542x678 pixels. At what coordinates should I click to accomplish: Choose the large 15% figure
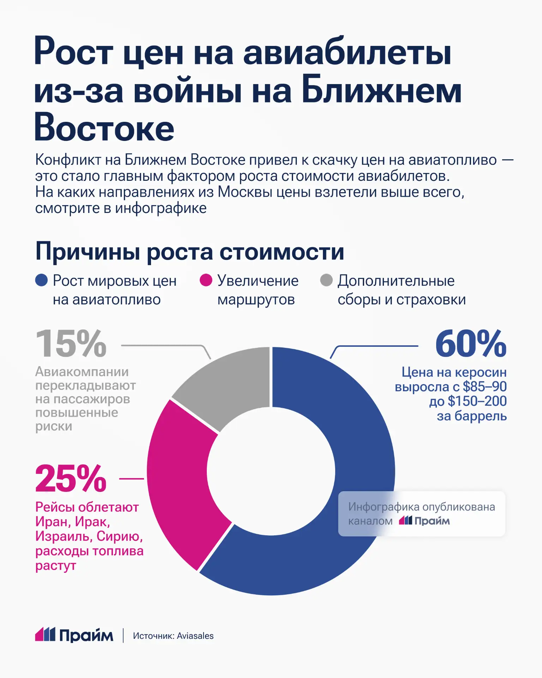point(71,344)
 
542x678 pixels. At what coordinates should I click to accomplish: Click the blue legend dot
point(41,280)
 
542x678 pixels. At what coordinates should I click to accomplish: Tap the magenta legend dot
point(206,280)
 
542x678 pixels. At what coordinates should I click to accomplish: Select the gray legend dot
point(326,280)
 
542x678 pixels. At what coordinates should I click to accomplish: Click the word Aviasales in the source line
point(195,636)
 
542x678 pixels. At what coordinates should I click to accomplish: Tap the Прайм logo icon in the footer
point(45,635)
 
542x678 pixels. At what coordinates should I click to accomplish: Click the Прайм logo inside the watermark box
point(424,521)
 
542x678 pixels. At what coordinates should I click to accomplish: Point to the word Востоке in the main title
point(104,128)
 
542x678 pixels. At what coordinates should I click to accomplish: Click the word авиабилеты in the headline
point(347,53)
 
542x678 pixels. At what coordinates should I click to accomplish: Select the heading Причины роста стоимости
point(190,252)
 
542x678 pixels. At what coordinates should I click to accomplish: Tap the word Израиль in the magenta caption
point(64,536)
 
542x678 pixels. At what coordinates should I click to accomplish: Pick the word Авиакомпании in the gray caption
point(82,371)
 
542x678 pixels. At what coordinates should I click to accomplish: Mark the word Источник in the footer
point(153,636)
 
